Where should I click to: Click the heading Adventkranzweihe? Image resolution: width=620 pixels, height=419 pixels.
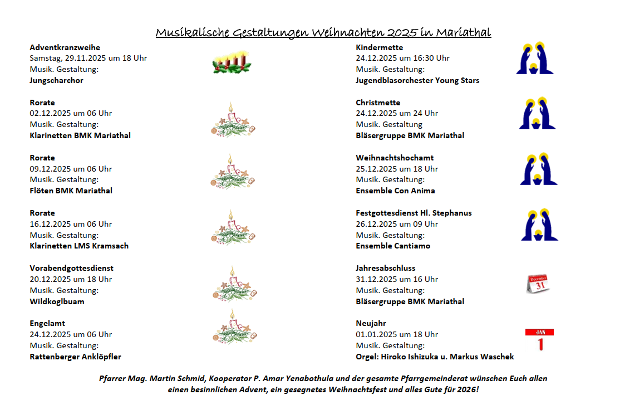[65, 47]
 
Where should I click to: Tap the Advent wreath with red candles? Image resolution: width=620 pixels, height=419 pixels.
[231, 62]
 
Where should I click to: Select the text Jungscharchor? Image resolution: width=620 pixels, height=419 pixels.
[56, 80]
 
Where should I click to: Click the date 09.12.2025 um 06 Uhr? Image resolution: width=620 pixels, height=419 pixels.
[71, 169]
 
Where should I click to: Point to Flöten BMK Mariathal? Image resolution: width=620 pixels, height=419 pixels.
[71, 191]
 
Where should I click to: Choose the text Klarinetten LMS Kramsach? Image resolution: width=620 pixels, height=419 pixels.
[79, 246]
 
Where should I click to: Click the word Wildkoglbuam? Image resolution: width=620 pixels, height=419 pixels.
[56, 301]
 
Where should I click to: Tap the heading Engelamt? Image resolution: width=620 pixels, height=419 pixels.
[47, 323]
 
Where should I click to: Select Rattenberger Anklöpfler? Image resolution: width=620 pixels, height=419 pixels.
[75, 357]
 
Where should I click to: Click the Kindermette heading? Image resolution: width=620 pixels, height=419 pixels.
[379, 47]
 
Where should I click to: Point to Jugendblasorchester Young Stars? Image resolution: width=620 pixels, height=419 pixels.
[417, 80]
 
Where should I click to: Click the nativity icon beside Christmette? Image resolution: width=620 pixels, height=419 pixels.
[538, 114]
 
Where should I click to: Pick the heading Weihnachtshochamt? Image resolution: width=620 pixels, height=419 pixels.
[395, 158]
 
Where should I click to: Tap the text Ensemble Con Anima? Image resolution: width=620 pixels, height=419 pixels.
[395, 191]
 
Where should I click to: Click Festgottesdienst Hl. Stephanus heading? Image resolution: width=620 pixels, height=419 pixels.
[414, 213]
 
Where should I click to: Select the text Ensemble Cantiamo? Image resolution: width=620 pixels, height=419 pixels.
[393, 246]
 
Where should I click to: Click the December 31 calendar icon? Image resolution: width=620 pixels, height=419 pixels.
[538, 284]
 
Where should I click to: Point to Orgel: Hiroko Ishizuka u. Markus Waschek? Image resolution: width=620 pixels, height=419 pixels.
[435, 357]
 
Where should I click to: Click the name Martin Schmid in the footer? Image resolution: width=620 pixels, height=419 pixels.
[179, 378]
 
